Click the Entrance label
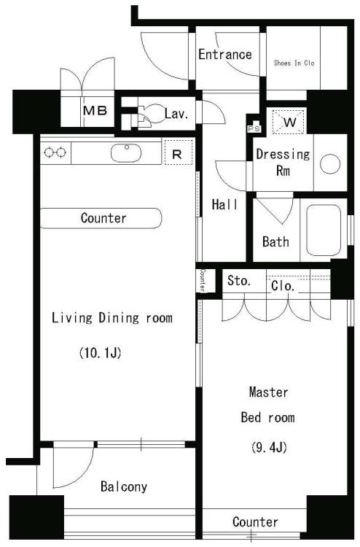tap(225, 55)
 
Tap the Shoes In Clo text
tap(294, 63)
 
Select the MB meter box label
tap(95, 111)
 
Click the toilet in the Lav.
tap(150, 114)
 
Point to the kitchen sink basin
tap(126, 153)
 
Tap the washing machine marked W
tap(289, 122)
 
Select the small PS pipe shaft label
tap(254, 128)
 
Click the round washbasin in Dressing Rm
tap(329, 163)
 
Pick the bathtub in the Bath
tap(324, 230)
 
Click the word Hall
tap(224, 204)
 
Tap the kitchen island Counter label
tap(103, 218)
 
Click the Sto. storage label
tap(239, 281)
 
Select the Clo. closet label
tap(283, 286)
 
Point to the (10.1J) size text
tap(101, 353)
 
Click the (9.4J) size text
tap(269, 447)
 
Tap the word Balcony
tap(124, 486)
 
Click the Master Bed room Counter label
tap(255, 522)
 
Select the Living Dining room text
tap(112, 318)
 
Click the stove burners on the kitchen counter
tap(55, 152)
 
